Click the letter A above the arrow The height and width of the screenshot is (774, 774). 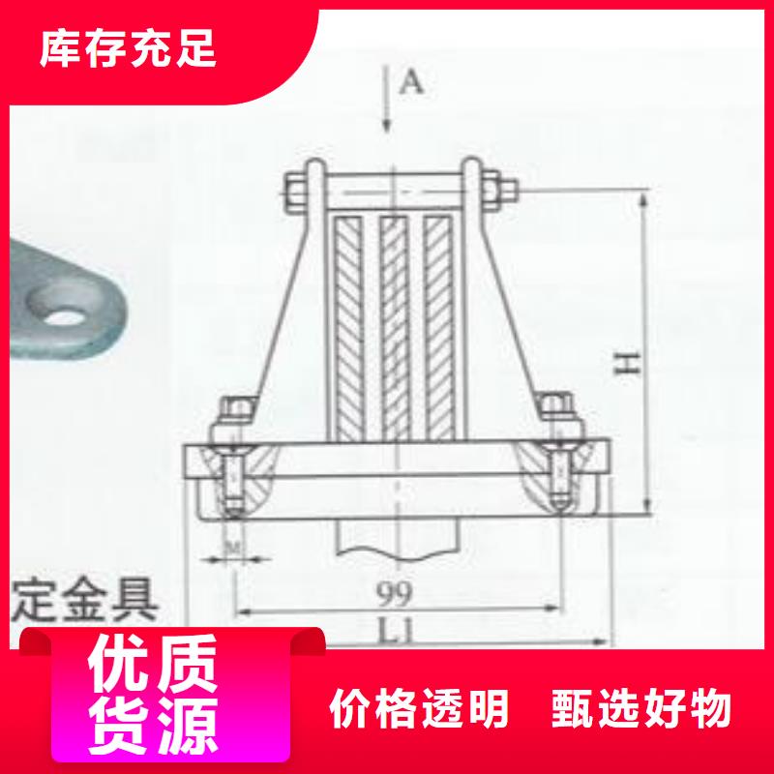click(x=411, y=83)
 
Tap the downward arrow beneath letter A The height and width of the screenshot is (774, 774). click(x=387, y=106)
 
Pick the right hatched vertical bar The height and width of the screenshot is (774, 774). click(x=437, y=324)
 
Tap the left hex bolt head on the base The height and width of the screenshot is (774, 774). click(x=235, y=413)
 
